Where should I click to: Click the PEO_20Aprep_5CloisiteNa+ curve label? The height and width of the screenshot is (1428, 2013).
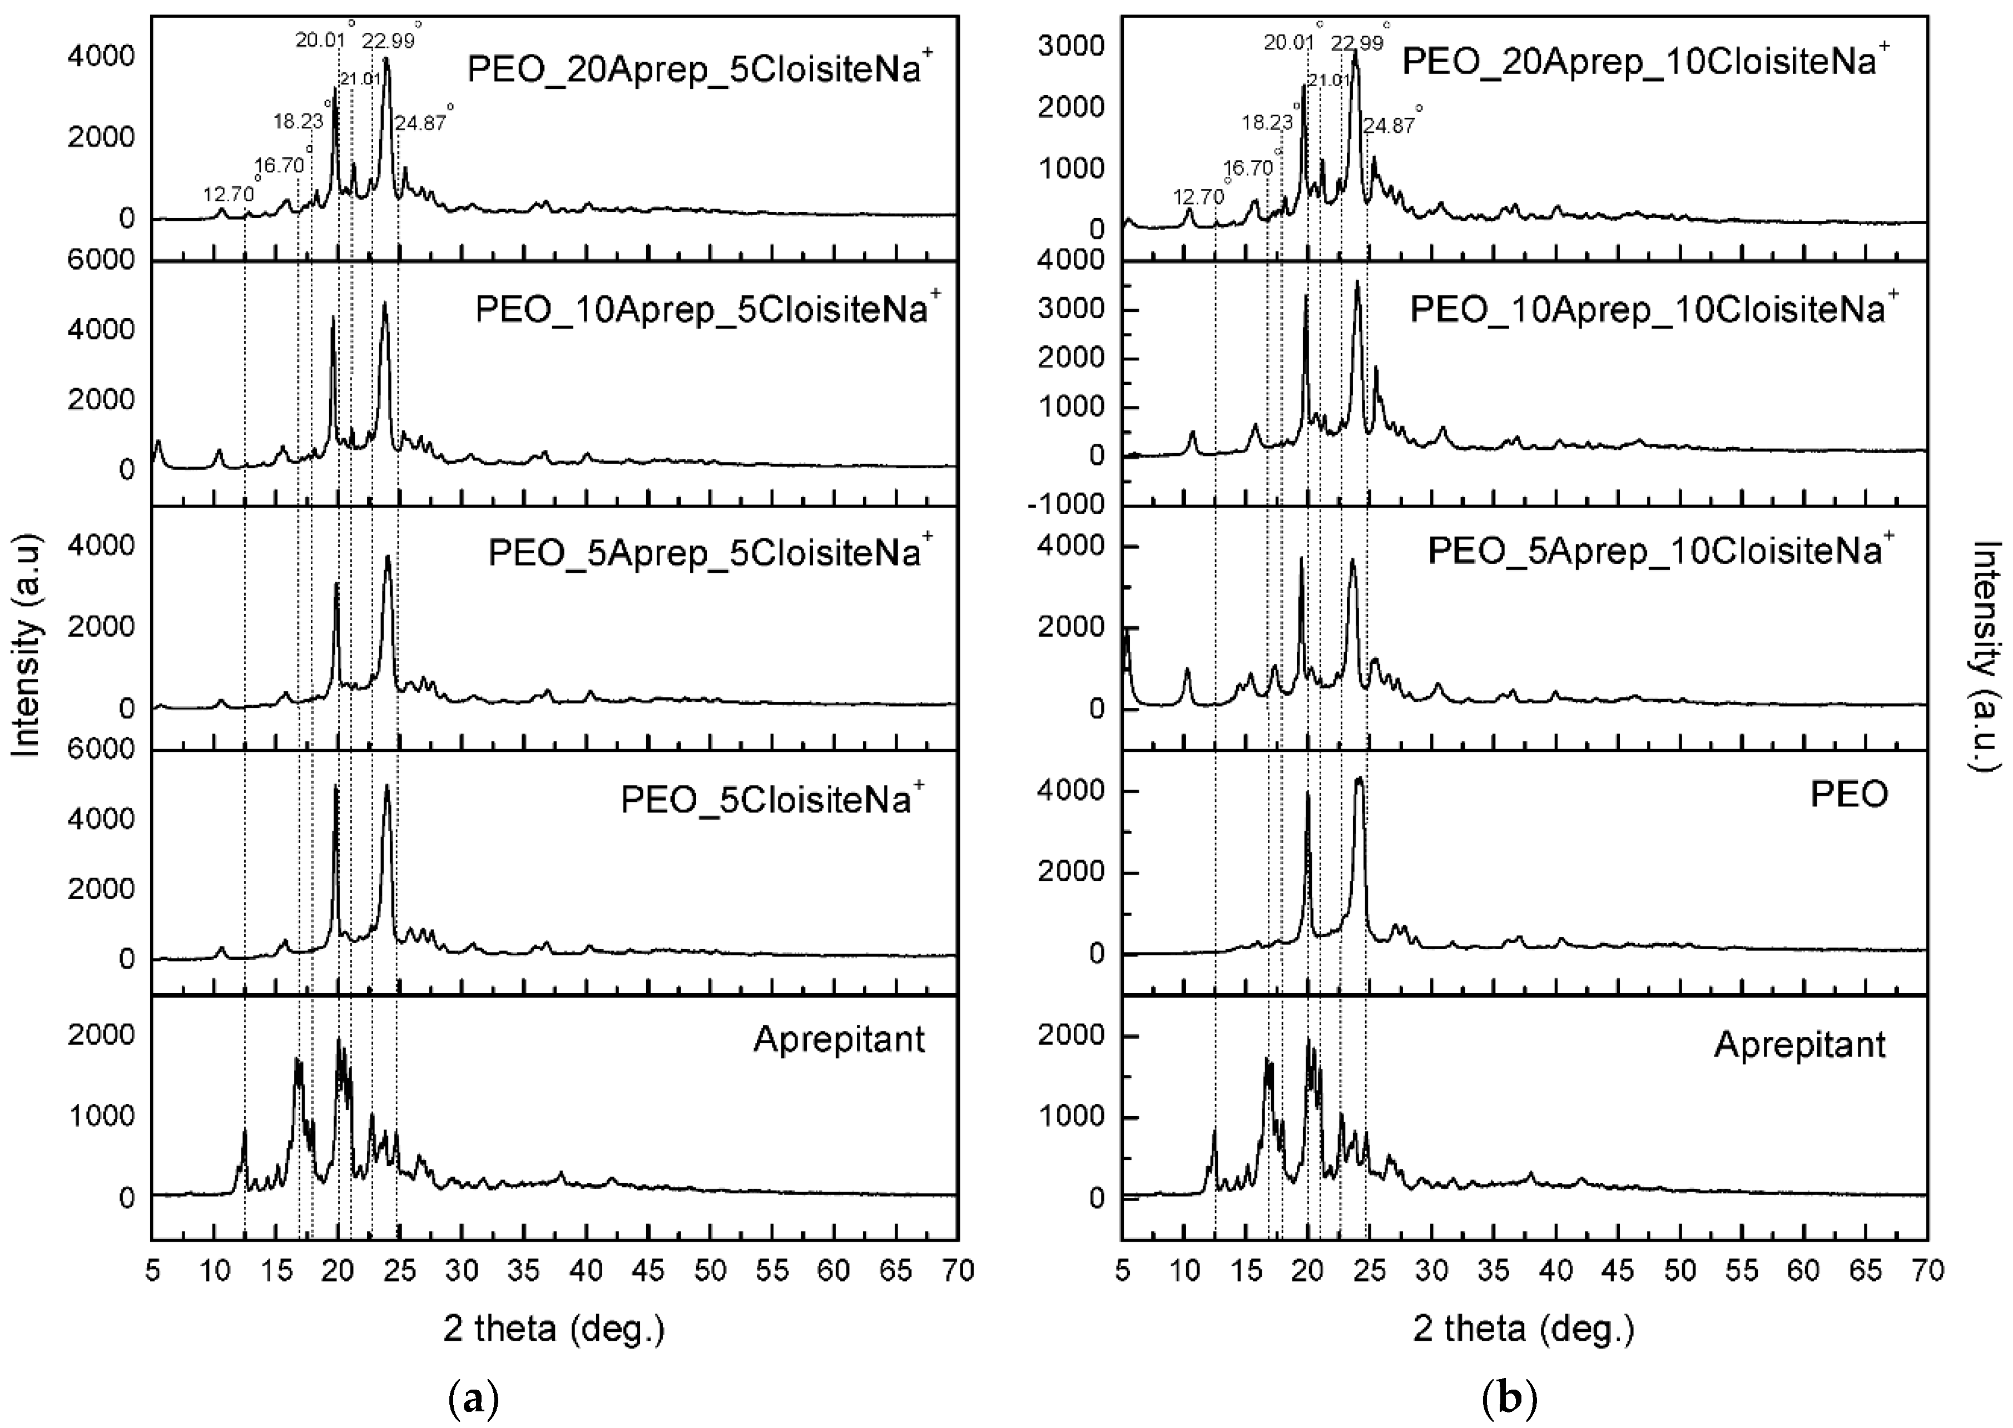pos(699,68)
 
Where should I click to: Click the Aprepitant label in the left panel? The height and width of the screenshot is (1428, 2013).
pos(839,1040)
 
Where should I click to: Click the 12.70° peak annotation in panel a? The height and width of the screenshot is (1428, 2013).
pos(229,194)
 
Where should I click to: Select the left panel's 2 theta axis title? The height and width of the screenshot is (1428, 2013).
pos(554,1328)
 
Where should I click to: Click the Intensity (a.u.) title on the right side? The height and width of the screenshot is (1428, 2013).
pos(1989,655)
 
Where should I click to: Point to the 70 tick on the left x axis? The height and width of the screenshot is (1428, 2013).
pos(958,1272)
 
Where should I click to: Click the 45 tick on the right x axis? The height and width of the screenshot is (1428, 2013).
pos(1618,1272)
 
